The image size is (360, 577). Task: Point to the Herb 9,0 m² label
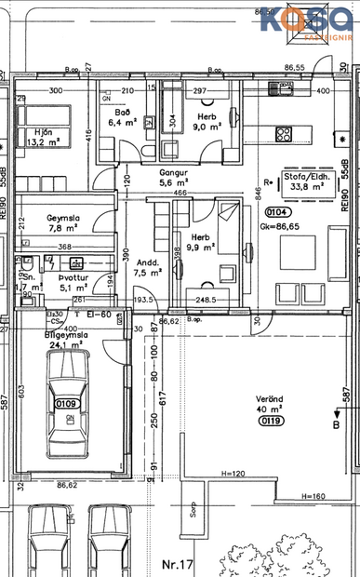pyautogui.click(x=205, y=122)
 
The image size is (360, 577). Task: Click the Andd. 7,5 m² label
pyautogui.click(x=148, y=268)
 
